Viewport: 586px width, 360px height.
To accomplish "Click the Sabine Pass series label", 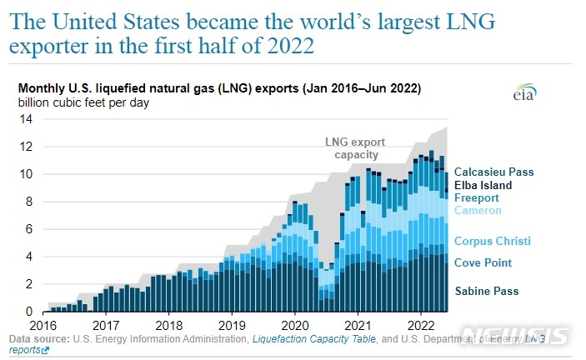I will coord(486,292).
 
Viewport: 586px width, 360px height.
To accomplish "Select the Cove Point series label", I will coord(483,263).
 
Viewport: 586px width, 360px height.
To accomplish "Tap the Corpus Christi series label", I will coord(492,242).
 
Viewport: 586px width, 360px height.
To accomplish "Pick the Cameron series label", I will coord(478,211).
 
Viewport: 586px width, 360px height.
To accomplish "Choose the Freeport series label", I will coord(477,198).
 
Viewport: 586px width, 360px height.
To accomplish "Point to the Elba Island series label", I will coord(483,186).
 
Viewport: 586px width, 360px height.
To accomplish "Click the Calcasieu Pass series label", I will coord(493,172).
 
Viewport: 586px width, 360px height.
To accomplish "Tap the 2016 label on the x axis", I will coord(43,324).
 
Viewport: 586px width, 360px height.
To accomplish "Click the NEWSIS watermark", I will coord(517,336).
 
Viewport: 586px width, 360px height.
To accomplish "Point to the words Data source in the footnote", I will coord(38,339).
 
